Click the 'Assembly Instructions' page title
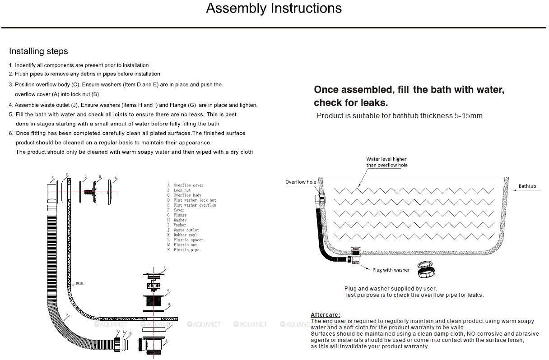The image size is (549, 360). (274, 8)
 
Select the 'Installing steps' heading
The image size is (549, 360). (38, 51)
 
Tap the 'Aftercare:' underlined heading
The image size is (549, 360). (325, 314)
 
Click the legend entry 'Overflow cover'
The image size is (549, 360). (188, 185)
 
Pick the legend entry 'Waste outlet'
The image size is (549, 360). (186, 230)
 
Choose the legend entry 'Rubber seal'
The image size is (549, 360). (185, 235)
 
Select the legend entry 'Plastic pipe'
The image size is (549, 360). (186, 250)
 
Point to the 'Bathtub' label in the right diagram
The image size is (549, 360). (527, 186)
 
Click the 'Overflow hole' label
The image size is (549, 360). (301, 182)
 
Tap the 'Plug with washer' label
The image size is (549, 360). (391, 270)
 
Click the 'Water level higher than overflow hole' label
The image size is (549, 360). (386, 162)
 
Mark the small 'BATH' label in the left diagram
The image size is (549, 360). (79, 283)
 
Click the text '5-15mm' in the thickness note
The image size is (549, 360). (467, 115)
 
